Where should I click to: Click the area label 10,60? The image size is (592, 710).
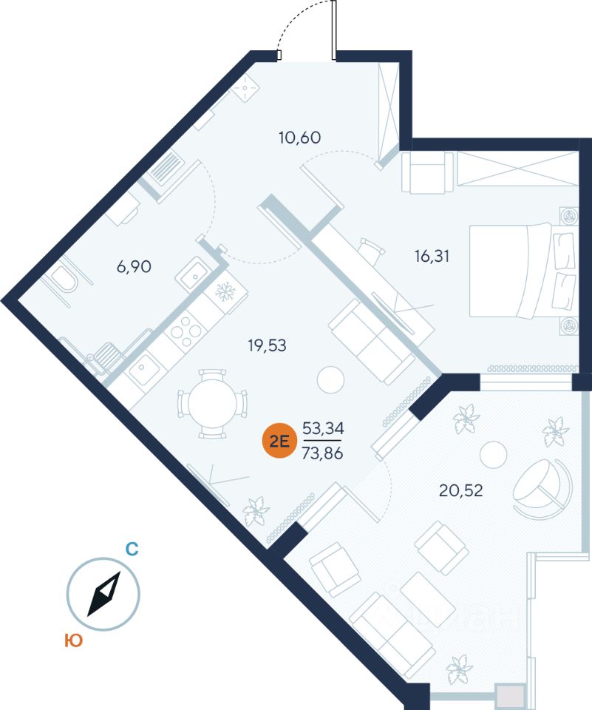click(299, 138)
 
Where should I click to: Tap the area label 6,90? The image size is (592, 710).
click(134, 267)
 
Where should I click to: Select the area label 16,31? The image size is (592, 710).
click(432, 257)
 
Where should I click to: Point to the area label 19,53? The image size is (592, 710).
click(267, 345)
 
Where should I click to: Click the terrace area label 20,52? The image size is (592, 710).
click(460, 490)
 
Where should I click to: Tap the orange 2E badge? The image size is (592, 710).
click(279, 440)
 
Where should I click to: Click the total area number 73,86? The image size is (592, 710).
click(322, 453)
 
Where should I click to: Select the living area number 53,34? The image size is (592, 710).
click(323, 427)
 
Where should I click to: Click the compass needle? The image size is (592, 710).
click(104, 594)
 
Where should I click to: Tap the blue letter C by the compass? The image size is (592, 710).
click(132, 549)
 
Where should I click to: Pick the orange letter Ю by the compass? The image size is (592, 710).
click(73, 640)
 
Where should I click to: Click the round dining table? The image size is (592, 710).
click(212, 404)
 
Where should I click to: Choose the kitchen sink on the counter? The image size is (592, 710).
click(144, 367)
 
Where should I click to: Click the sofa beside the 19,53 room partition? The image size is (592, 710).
click(371, 342)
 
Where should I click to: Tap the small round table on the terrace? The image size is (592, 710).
click(494, 454)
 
